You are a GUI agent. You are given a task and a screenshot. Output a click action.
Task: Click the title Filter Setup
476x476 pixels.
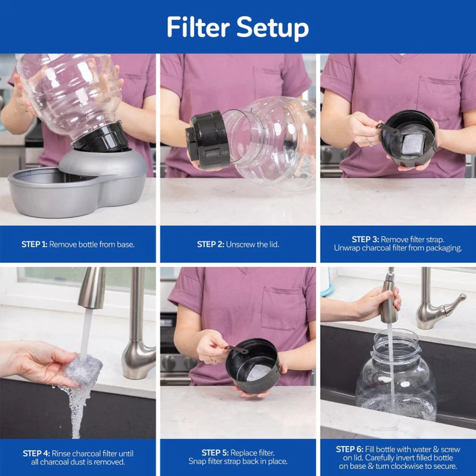pyautogui.click(x=237, y=27)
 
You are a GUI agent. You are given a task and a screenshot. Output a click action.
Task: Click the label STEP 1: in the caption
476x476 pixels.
pyautogui.click(x=35, y=244)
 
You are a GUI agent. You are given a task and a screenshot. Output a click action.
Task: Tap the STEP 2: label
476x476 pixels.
pyautogui.click(x=210, y=244)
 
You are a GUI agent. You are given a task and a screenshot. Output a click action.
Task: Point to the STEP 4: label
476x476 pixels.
pyautogui.click(x=36, y=453)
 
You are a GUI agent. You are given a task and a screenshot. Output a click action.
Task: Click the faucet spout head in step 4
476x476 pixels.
pyautogui.click(x=92, y=289)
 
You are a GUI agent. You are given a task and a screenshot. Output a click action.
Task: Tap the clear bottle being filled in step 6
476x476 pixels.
pyautogui.click(x=396, y=381)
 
